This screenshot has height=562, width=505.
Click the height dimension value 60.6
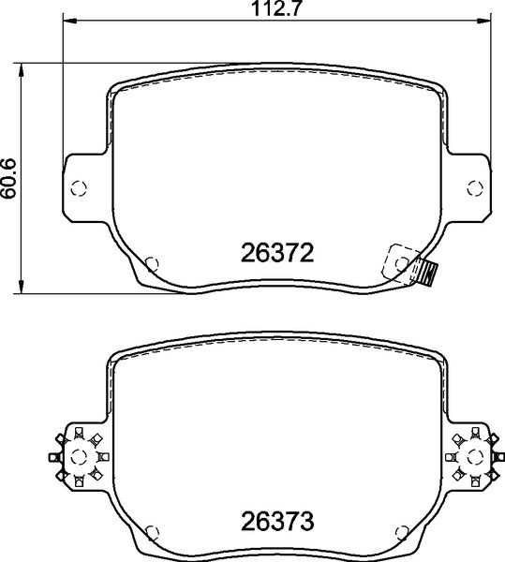[8, 176]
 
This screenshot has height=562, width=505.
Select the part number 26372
[275, 254]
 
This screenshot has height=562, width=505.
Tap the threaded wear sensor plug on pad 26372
[428, 274]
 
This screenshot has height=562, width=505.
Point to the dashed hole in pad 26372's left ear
[80, 185]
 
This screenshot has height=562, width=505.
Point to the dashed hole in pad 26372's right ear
[473, 185]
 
